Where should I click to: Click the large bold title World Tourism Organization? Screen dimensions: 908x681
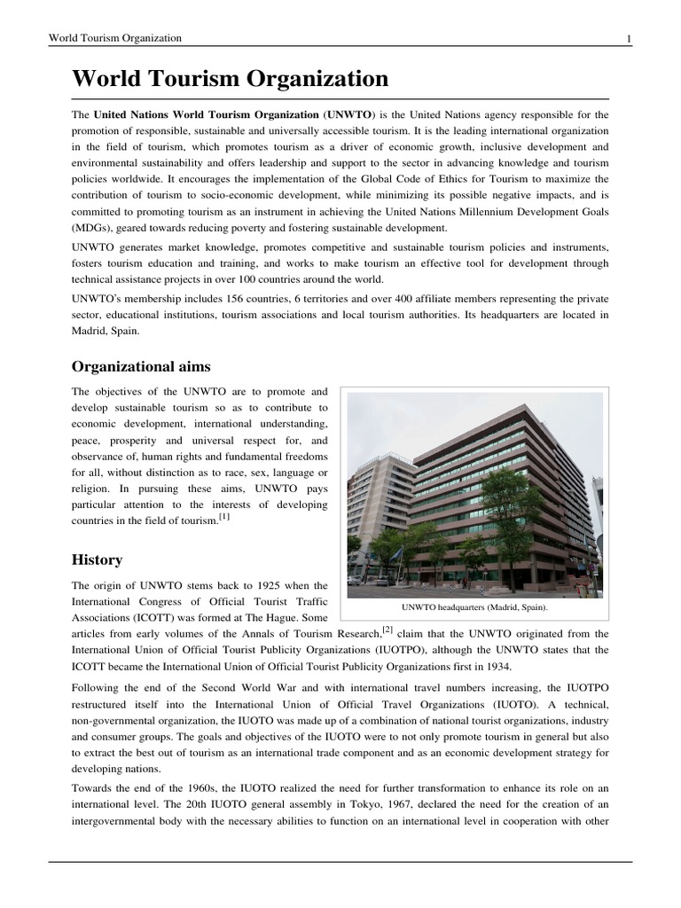231,79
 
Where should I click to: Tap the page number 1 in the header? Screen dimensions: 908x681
629,38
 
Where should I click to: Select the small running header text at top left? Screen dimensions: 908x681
115,38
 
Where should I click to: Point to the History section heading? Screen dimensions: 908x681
97,560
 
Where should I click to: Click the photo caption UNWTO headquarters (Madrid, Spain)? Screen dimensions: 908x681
474,607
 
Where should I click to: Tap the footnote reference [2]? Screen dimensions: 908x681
388,630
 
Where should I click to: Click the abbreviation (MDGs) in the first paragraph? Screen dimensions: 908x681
93,226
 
